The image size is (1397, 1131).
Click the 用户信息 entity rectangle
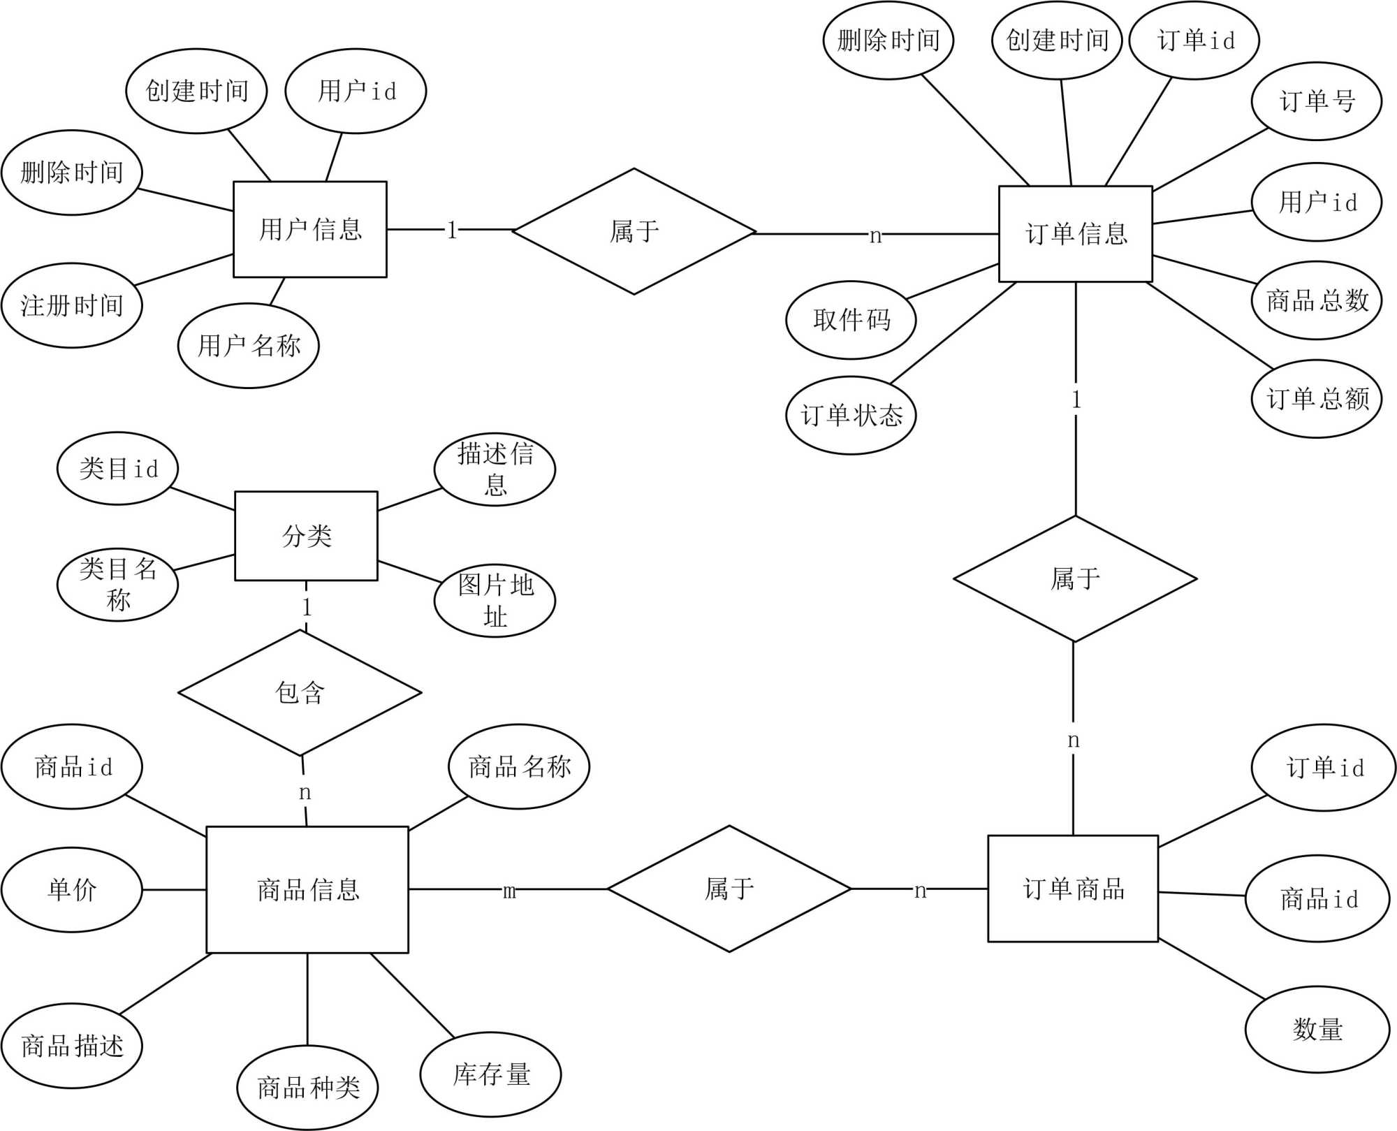(x=309, y=229)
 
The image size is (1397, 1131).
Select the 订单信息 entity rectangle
(x=1075, y=234)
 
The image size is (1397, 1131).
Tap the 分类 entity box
(x=306, y=536)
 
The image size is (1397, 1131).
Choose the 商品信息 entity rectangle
(x=307, y=889)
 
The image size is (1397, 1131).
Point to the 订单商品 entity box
(x=1073, y=889)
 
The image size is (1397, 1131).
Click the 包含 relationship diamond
(x=300, y=692)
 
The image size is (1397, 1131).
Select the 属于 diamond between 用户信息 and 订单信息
(x=634, y=231)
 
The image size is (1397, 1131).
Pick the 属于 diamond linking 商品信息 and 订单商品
(x=729, y=889)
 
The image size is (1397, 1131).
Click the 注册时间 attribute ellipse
(x=72, y=305)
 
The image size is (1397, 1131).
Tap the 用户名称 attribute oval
(x=249, y=346)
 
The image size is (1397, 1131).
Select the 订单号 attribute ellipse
(x=1317, y=101)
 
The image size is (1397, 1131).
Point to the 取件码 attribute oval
(x=851, y=320)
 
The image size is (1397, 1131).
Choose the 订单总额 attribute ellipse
(x=1317, y=399)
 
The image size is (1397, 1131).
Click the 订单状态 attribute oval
(x=851, y=416)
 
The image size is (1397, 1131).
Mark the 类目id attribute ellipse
(x=118, y=468)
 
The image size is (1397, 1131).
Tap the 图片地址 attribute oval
(x=495, y=601)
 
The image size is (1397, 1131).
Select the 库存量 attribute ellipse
(x=490, y=1074)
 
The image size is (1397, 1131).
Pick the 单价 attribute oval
(x=72, y=889)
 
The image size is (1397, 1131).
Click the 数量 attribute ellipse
(x=1317, y=1029)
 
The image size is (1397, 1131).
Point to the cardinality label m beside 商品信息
(x=509, y=891)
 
